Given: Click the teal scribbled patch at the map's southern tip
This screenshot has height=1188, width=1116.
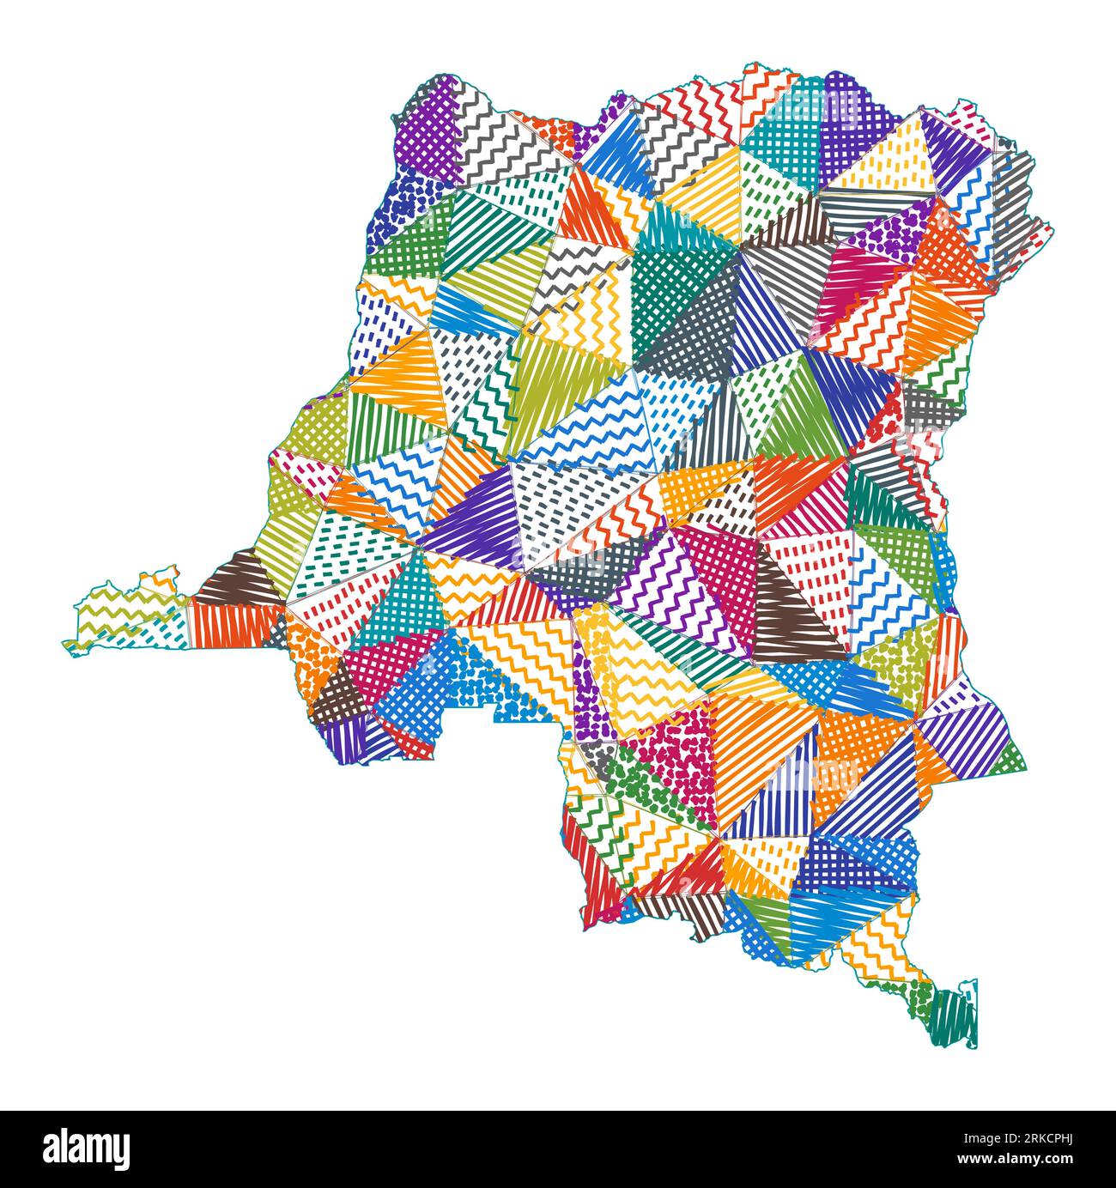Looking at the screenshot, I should coord(955,1018).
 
